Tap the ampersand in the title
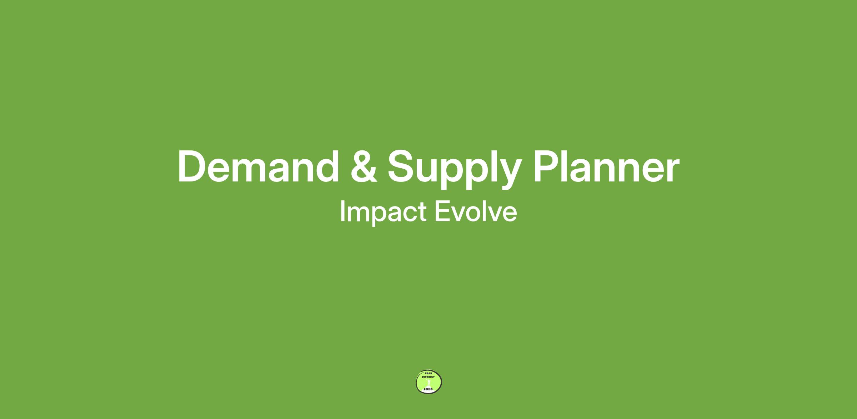(x=364, y=167)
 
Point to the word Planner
(x=606, y=167)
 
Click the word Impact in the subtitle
(x=383, y=212)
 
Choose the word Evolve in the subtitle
(x=476, y=211)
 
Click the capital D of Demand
(x=192, y=167)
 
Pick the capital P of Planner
(x=546, y=167)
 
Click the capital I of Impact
(x=342, y=211)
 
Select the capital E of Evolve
(x=442, y=211)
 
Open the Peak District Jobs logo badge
(x=429, y=382)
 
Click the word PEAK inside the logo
(x=428, y=373)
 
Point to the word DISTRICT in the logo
(x=428, y=377)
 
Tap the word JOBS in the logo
(x=428, y=389)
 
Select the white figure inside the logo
(x=429, y=383)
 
